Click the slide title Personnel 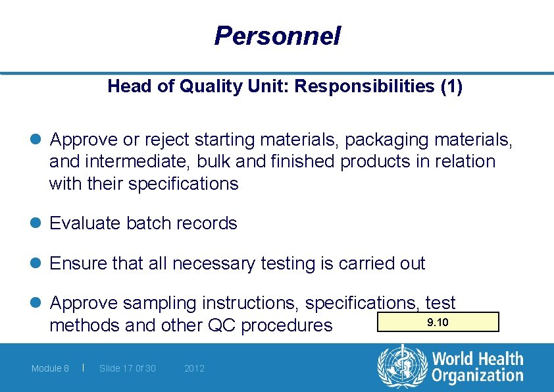click(277, 36)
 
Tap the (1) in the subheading click(451, 87)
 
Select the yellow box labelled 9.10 click(438, 322)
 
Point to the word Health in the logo click(498, 360)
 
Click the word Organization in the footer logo click(477, 376)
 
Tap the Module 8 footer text click(50, 368)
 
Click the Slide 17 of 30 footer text click(128, 368)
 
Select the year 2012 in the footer click(194, 368)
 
